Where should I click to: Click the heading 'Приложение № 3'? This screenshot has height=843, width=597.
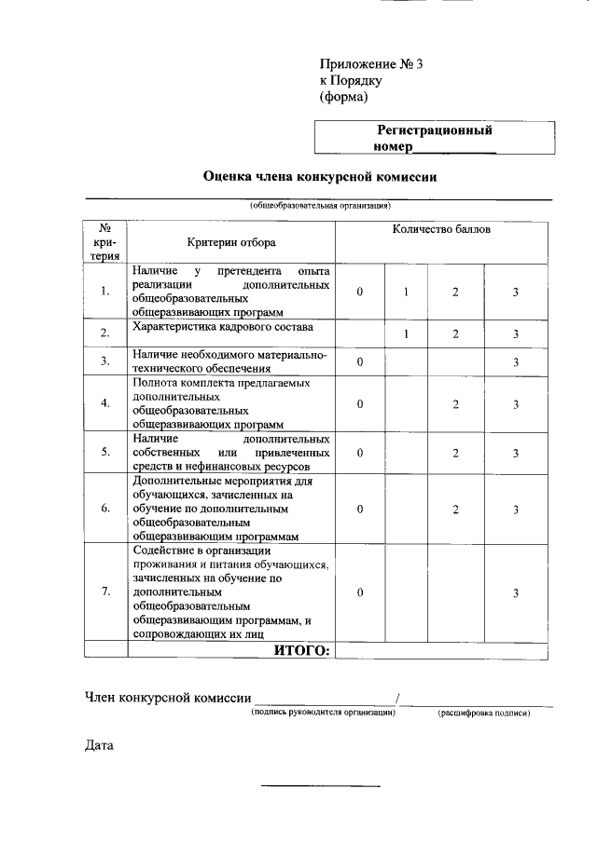tap(371, 64)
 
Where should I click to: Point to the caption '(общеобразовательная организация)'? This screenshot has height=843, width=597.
tap(319, 205)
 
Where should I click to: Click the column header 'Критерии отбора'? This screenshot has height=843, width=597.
tap(230, 242)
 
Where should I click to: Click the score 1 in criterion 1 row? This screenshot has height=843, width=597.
tap(407, 292)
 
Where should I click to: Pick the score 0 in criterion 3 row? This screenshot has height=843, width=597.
tap(359, 361)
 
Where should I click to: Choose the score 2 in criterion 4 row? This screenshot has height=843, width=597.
tap(455, 403)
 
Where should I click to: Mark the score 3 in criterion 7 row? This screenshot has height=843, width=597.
tap(515, 593)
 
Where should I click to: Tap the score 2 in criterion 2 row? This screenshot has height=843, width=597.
tap(455, 333)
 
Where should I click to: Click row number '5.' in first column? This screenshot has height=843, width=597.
tap(105, 453)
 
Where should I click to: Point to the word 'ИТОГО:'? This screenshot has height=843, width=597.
tap(301, 650)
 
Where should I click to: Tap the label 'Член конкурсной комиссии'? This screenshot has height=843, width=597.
tap(168, 697)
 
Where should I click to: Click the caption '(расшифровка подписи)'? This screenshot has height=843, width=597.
tap(484, 714)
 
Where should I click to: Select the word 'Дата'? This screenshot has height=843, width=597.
tap(99, 746)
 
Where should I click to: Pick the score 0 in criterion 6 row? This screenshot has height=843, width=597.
tap(359, 510)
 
